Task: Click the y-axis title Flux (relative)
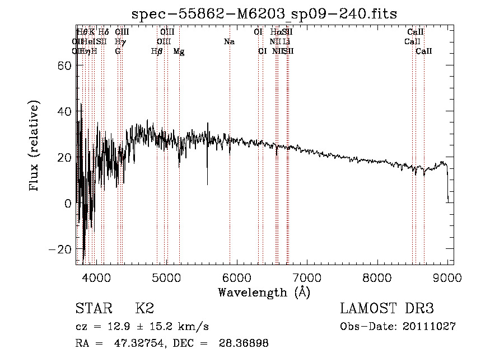[35, 147]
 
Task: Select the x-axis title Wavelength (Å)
[264, 292]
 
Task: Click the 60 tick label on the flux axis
[62, 65]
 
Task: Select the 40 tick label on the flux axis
[62, 111]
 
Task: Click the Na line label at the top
[228, 42]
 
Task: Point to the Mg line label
[179, 51]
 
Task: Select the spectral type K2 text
[144, 308]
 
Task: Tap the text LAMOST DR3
[387, 308]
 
